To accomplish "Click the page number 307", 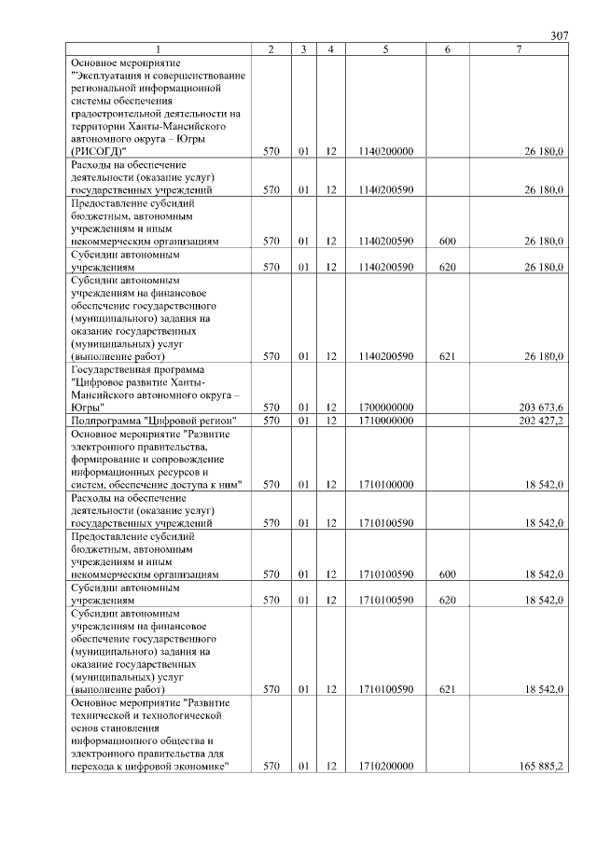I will coord(559,35).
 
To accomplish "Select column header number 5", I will coord(384,48).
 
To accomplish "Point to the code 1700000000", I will coord(384,407).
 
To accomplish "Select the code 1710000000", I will coord(384,421).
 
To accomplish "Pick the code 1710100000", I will coord(384,484).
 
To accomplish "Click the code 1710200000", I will coord(384,766).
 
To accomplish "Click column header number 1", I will coord(158,48).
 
